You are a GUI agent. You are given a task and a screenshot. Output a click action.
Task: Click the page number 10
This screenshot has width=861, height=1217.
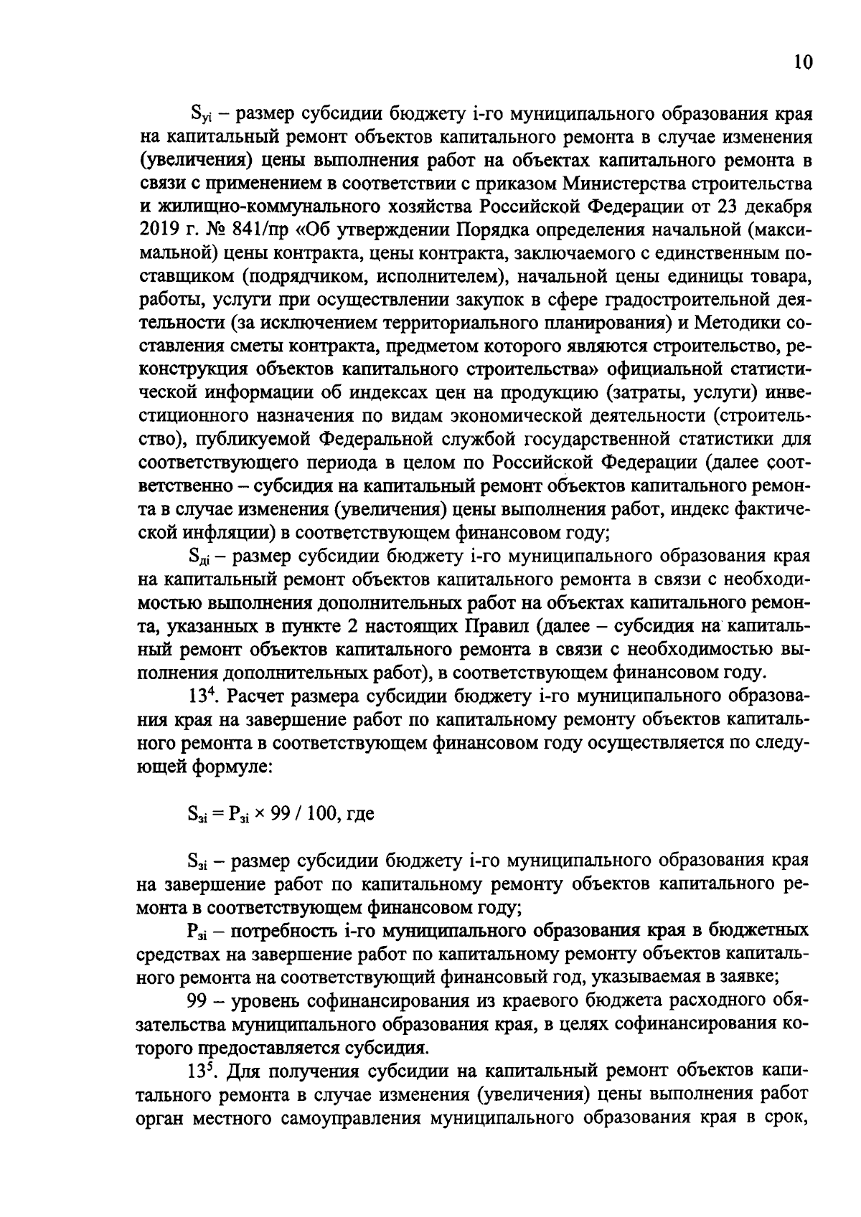click(x=803, y=63)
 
